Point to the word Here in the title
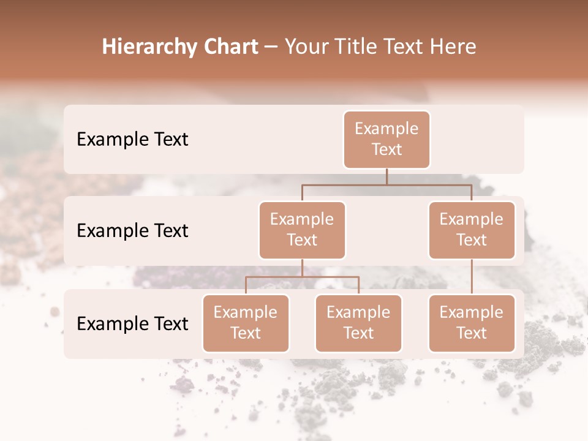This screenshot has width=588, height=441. [x=453, y=47]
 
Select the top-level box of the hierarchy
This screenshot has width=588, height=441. [x=386, y=139]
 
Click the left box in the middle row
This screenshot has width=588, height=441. [x=302, y=230]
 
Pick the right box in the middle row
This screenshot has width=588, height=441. [x=471, y=230]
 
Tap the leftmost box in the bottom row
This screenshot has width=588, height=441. [x=246, y=323]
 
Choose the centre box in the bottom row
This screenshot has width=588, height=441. [x=358, y=323]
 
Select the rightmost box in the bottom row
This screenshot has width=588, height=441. [x=471, y=323]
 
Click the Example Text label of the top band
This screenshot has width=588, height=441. [x=132, y=139]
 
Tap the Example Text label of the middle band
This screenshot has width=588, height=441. [x=132, y=230]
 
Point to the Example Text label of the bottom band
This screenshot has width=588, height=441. [x=132, y=323]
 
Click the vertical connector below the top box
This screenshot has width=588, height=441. [x=386, y=176]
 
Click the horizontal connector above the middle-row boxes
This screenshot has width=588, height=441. [x=386, y=184]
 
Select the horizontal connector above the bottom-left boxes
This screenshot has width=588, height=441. [x=302, y=277]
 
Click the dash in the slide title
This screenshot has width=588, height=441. [x=271, y=47]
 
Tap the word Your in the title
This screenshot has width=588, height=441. [x=305, y=47]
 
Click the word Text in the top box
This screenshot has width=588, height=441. [x=386, y=149]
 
